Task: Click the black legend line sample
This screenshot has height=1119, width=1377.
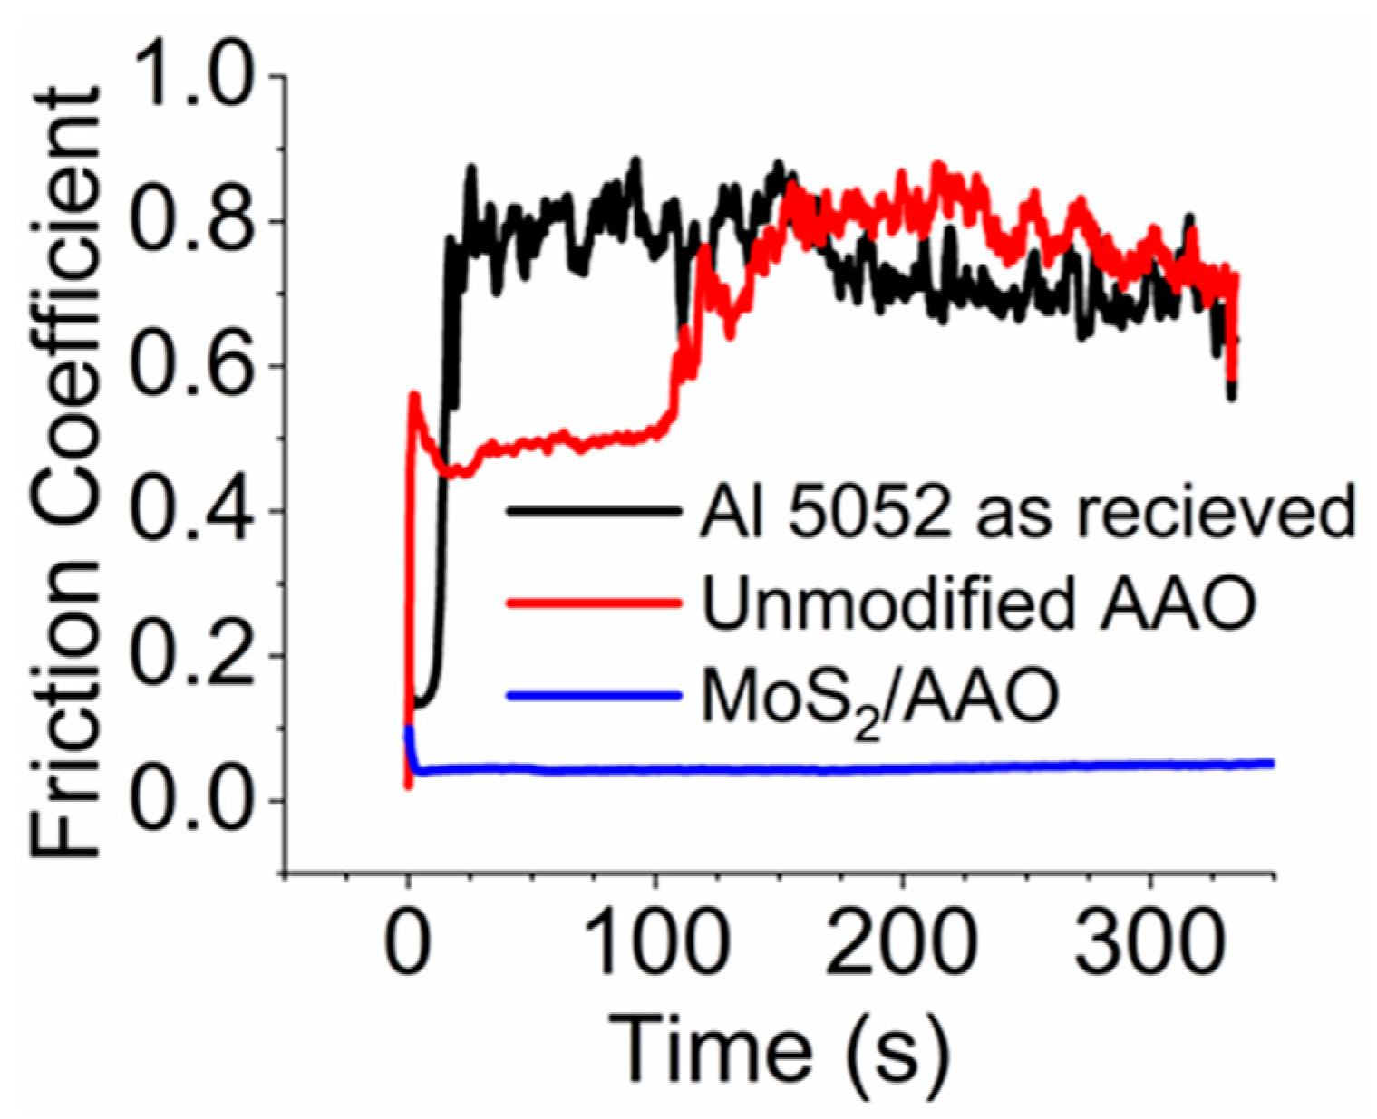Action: (593, 512)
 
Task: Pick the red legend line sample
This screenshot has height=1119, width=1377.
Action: (593, 603)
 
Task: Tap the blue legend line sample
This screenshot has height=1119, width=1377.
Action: (593, 696)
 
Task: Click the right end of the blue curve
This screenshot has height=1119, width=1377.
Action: (1272, 764)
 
